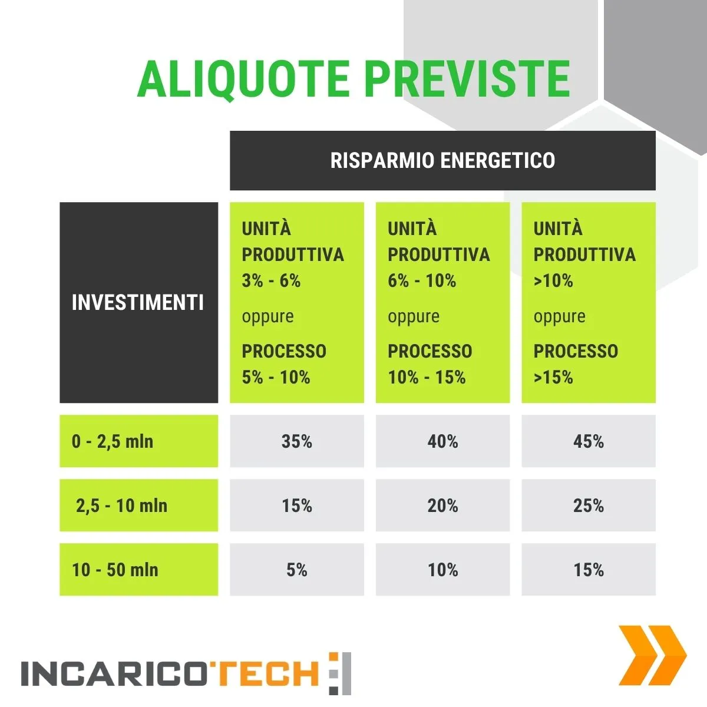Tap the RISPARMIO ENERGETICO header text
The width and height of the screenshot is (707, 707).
pyautogui.click(x=442, y=160)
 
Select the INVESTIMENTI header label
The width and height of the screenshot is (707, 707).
pyautogui.click(x=138, y=303)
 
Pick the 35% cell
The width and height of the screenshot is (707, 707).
pyautogui.click(x=297, y=441)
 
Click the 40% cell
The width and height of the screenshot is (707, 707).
pyautogui.click(x=442, y=441)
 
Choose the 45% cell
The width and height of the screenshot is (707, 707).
pyautogui.click(x=589, y=441)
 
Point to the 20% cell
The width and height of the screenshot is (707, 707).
pyautogui.click(x=442, y=505)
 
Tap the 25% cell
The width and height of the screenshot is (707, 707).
pyautogui.click(x=589, y=505)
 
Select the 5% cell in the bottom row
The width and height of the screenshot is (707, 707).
pyautogui.click(x=297, y=569)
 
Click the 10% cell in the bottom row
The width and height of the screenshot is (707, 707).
pyautogui.click(x=442, y=569)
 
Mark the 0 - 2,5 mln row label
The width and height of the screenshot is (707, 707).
pyautogui.click(x=113, y=441)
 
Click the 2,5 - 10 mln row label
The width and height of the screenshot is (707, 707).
pyautogui.click(x=121, y=505)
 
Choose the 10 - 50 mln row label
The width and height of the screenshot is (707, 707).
pyautogui.click(x=115, y=569)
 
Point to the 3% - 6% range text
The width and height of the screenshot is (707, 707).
pyautogui.click(x=271, y=280)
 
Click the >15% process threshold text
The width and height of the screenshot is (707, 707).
pyautogui.click(x=553, y=377)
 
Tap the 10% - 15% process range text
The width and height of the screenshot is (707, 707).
pyautogui.click(x=427, y=377)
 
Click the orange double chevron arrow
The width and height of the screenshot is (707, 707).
pyautogui.click(x=652, y=655)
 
